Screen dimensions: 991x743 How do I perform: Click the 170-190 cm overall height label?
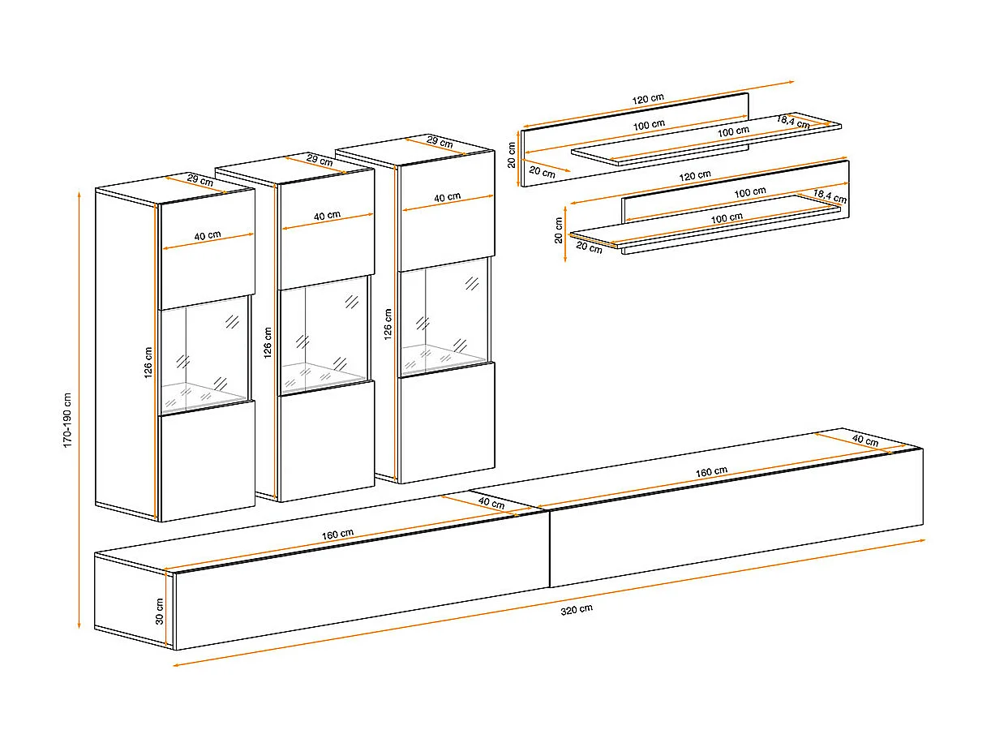pos(67,420)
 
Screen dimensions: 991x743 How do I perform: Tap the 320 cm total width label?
pos(577,610)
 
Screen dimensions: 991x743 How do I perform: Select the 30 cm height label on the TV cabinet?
pos(160,612)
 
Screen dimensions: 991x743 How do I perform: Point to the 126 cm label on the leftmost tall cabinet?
pos(148,362)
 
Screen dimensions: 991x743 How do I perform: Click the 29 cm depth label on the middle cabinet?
pos(320,160)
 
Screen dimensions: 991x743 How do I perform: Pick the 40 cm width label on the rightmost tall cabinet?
pos(448,197)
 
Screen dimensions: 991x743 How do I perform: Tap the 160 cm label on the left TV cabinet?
pos(337,535)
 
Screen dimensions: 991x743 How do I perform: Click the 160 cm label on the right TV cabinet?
pos(711,472)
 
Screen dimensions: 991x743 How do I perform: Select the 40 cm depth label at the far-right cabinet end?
pos(865,440)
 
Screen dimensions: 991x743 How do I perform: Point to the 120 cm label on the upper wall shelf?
pos(648,99)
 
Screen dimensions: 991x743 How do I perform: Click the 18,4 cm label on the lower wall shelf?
pos(830,196)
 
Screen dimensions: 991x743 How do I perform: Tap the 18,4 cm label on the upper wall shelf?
pos(793,122)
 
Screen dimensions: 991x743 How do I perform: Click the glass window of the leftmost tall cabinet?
pos(204,354)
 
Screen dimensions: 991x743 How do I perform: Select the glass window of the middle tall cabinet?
pos(324,336)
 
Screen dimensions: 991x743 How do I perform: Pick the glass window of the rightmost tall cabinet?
pos(444,317)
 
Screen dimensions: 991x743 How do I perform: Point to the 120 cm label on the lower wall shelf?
pos(695,175)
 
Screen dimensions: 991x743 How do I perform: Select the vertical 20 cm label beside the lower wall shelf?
pos(559,230)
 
